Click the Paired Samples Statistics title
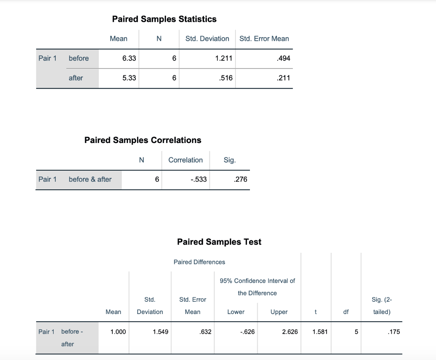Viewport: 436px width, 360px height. (x=164, y=19)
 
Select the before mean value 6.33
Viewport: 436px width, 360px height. (x=129, y=58)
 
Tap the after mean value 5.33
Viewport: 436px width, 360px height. (x=129, y=78)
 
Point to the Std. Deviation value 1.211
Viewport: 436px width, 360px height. (x=224, y=58)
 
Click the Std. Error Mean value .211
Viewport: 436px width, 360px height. (x=283, y=78)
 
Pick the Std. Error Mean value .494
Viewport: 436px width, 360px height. (x=283, y=58)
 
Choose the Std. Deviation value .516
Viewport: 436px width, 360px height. (x=226, y=78)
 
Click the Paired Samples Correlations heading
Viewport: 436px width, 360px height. (x=143, y=140)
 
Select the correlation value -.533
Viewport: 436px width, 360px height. (x=198, y=179)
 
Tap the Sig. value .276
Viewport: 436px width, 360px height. (x=241, y=179)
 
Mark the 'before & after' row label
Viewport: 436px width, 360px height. (x=90, y=179)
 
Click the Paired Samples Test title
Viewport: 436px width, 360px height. (x=219, y=242)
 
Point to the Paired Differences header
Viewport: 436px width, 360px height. (x=199, y=262)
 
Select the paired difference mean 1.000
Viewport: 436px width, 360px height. (x=118, y=332)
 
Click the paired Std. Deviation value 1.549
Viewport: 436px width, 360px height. (x=161, y=332)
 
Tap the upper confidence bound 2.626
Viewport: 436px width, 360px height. (x=290, y=332)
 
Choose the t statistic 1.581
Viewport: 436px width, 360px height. (x=320, y=332)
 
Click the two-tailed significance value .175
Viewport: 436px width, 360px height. (x=394, y=332)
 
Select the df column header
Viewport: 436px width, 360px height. (x=346, y=312)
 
